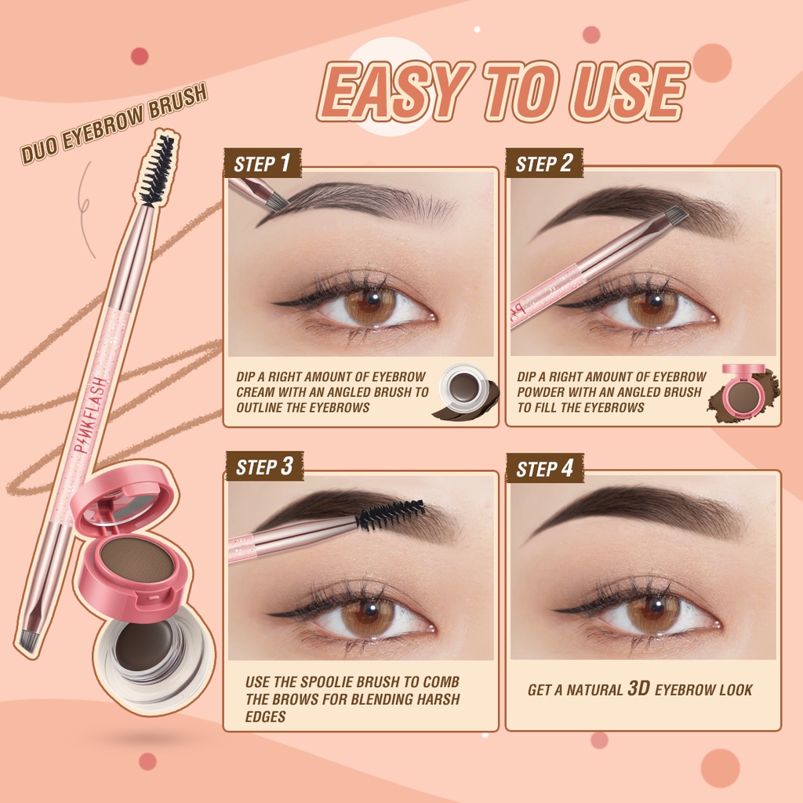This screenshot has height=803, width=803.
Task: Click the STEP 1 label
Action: [x=262, y=164]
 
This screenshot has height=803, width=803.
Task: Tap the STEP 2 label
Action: [x=544, y=164]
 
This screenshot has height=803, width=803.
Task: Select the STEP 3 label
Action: [x=264, y=467]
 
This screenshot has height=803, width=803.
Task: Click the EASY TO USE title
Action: [x=503, y=93]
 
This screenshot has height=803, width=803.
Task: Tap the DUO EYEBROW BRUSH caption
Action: [x=114, y=125]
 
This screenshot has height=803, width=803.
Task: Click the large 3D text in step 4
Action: [x=637, y=689]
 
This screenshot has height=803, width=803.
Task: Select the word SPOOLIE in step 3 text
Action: [x=320, y=682]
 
